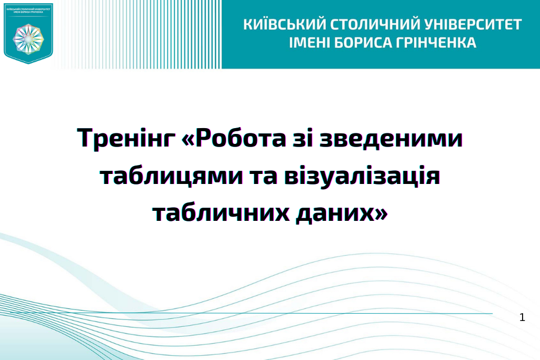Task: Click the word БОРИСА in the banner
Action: [x=363, y=42]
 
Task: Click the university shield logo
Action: [x=28, y=33]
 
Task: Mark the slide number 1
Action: [x=522, y=317]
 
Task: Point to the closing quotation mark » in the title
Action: [x=382, y=213]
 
